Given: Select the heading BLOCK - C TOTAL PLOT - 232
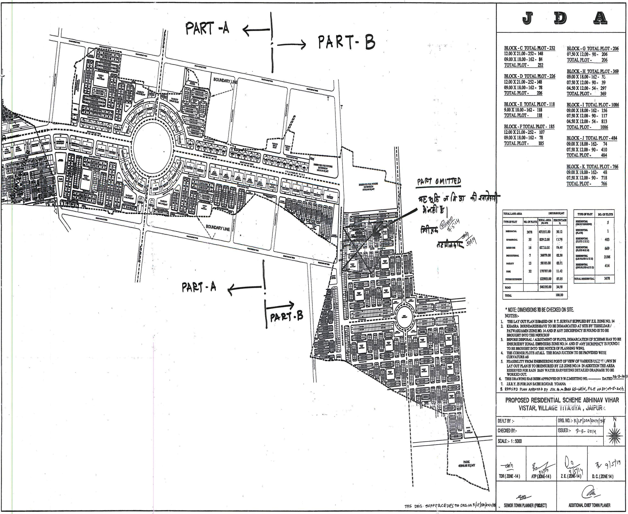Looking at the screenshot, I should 529,48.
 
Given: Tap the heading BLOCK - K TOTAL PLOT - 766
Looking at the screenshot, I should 592,167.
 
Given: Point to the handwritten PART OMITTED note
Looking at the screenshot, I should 439,181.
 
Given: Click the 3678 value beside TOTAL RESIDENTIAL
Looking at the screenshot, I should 607,279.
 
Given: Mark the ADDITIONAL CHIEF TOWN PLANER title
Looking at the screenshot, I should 589,505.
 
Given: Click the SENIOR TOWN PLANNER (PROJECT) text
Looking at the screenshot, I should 525,505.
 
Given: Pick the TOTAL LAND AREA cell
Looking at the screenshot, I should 513,213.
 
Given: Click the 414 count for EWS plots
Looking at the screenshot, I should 607,266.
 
